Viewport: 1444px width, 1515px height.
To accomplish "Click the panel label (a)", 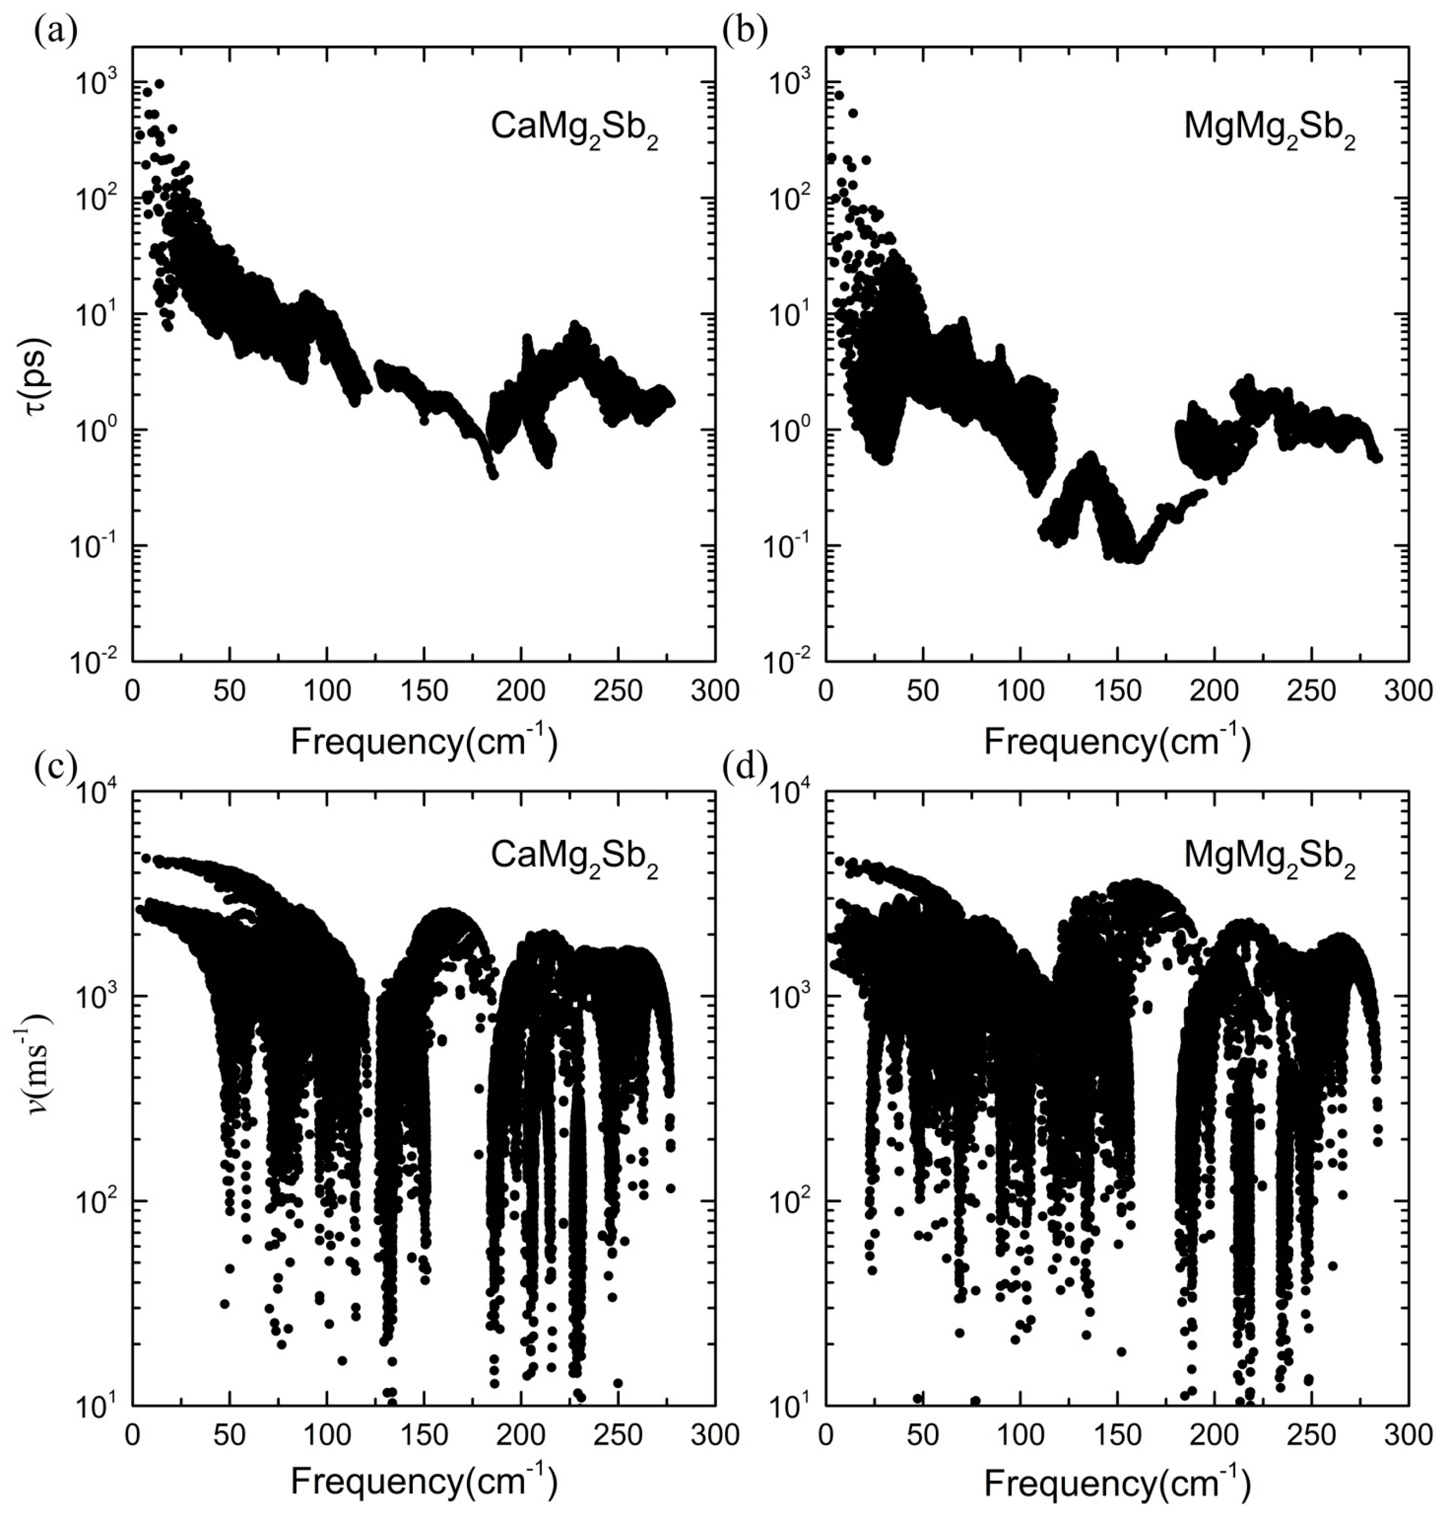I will coord(55,34).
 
